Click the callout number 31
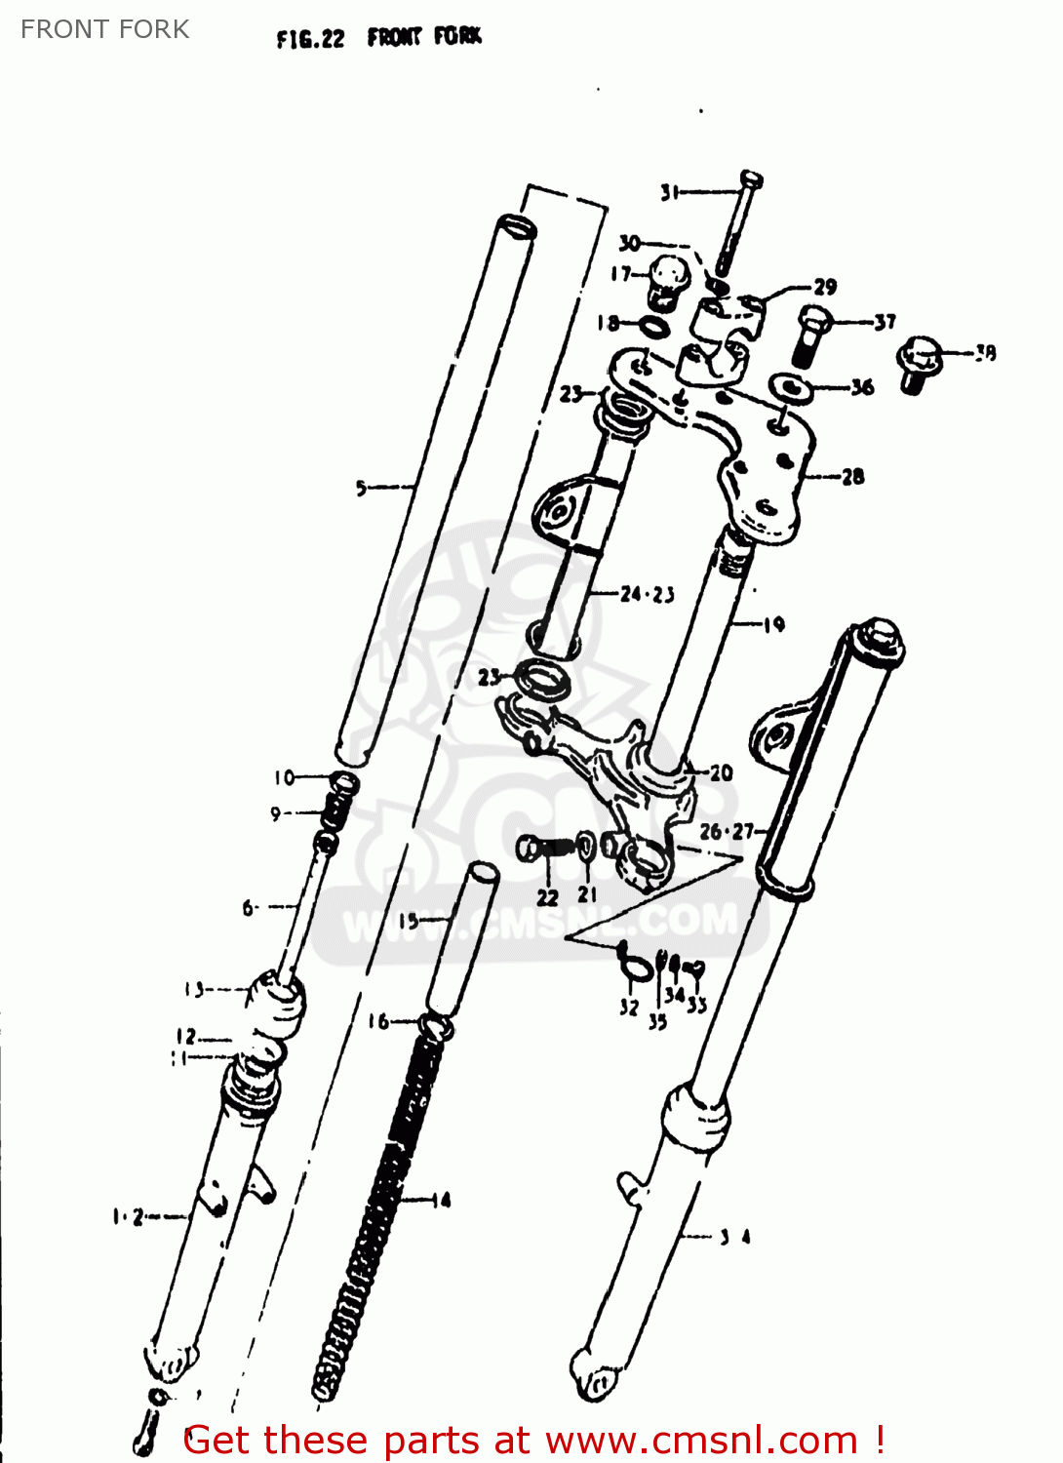click(x=669, y=192)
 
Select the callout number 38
click(x=985, y=352)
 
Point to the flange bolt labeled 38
click(x=918, y=363)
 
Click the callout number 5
click(x=362, y=487)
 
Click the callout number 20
click(x=721, y=772)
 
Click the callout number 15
click(x=408, y=920)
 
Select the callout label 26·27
click(x=727, y=831)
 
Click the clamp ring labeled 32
click(x=634, y=966)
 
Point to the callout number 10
click(x=284, y=777)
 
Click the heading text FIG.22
click(x=310, y=39)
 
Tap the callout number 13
click(x=195, y=989)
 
